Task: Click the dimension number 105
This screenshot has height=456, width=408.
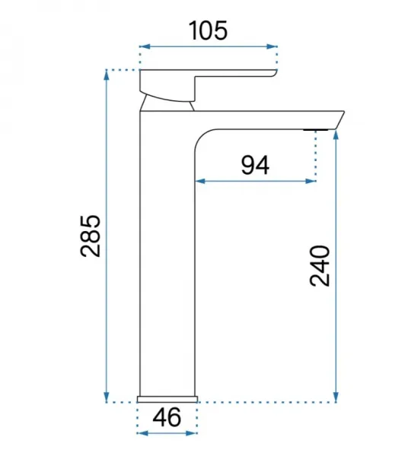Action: [208, 31]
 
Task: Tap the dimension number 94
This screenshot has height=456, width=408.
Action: [256, 165]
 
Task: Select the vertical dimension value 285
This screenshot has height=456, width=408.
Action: [91, 236]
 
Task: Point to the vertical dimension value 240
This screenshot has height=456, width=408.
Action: [320, 266]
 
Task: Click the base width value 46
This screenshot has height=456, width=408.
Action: [167, 417]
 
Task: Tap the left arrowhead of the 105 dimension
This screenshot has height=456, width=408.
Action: [145, 46]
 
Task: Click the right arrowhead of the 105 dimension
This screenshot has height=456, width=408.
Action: [272, 46]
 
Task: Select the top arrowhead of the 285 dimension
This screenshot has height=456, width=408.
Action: [107, 75]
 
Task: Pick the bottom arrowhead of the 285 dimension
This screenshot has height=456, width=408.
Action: [107, 397]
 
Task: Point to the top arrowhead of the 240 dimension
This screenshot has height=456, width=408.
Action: [336, 136]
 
